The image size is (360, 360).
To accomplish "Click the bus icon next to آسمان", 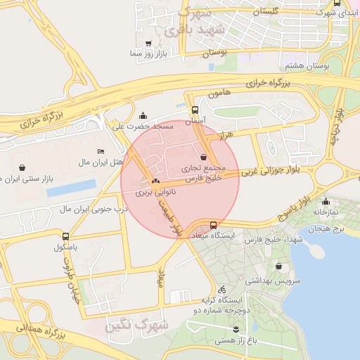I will pos(195,110).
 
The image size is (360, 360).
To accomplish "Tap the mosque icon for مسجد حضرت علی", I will pos(144,116).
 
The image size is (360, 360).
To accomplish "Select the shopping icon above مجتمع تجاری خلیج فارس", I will pos(204,157).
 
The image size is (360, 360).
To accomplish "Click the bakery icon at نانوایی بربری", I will pos(155,182).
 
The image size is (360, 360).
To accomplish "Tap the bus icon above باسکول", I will pos(65,237).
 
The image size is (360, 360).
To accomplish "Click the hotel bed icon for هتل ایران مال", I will pos(101,152).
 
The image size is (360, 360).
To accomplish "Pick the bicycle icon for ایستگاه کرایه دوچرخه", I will pos(221,289).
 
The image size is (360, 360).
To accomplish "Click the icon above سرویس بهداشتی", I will pos(280,266).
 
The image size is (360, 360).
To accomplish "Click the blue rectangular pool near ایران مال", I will pos(71,188).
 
